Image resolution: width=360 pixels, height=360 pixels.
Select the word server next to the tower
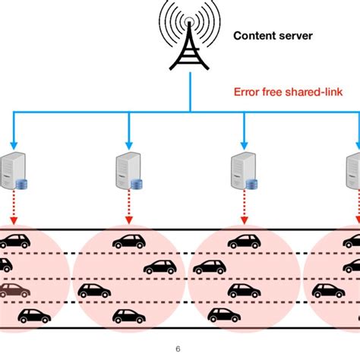[x=295, y=35]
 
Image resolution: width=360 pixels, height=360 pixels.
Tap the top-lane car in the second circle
[x=128, y=241]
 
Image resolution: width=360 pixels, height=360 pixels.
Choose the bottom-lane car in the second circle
[x=128, y=315]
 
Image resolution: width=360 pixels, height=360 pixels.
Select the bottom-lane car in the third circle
[x=223, y=314]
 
